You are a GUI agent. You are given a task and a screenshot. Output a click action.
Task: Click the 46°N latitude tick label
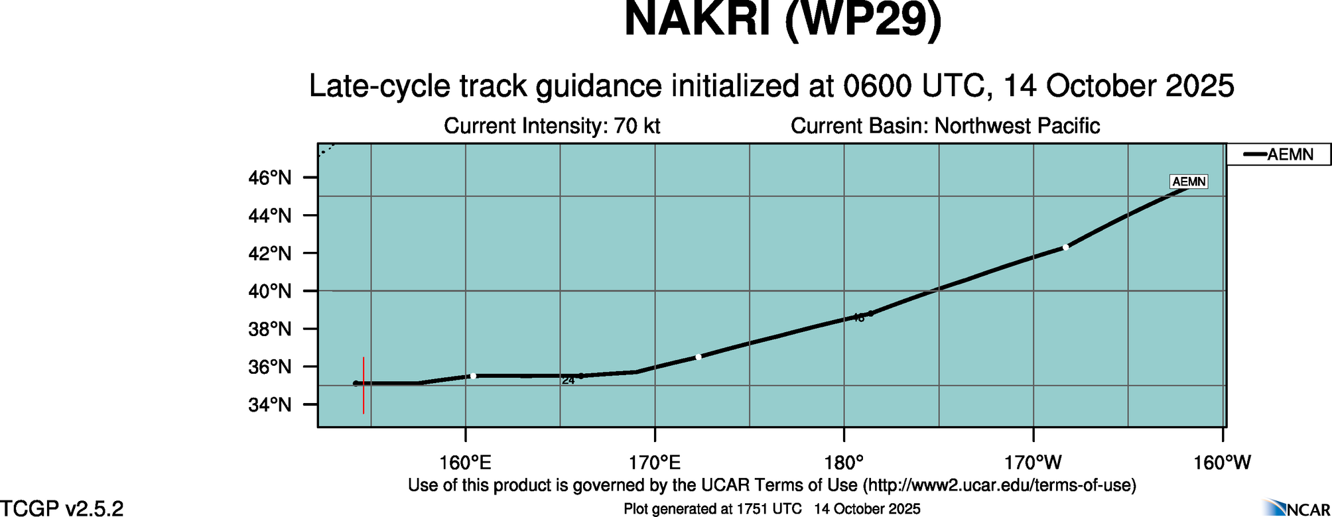[270, 178]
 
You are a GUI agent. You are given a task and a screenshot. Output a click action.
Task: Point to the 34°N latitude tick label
[270, 404]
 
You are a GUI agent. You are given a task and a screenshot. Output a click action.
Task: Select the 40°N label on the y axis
[270, 291]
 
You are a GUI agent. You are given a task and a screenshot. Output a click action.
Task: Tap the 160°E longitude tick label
[465, 463]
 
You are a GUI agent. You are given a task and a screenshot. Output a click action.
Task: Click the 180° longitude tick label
[844, 463]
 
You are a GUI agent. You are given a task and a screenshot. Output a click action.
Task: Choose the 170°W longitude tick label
[1033, 463]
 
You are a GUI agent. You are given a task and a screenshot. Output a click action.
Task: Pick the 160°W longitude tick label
[1222, 463]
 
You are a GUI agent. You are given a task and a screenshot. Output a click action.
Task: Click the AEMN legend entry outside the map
[1278, 154]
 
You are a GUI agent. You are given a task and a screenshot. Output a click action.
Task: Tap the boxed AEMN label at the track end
[1189, 182]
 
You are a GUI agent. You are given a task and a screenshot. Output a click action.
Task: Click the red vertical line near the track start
[364, 385]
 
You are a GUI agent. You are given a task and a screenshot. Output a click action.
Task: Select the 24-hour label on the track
[568, 380]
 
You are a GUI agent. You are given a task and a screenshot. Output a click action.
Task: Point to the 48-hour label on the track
[858, 318]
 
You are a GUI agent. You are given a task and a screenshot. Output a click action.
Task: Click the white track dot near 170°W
[1065, 247]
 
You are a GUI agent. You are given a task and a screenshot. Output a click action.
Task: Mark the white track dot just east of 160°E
[473, 376]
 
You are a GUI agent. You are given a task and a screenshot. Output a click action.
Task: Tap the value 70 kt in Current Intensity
[637, 126]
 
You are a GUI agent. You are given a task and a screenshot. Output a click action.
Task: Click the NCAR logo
[1297, 508]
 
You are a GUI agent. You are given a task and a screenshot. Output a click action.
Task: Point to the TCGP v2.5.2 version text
[62, 508]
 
